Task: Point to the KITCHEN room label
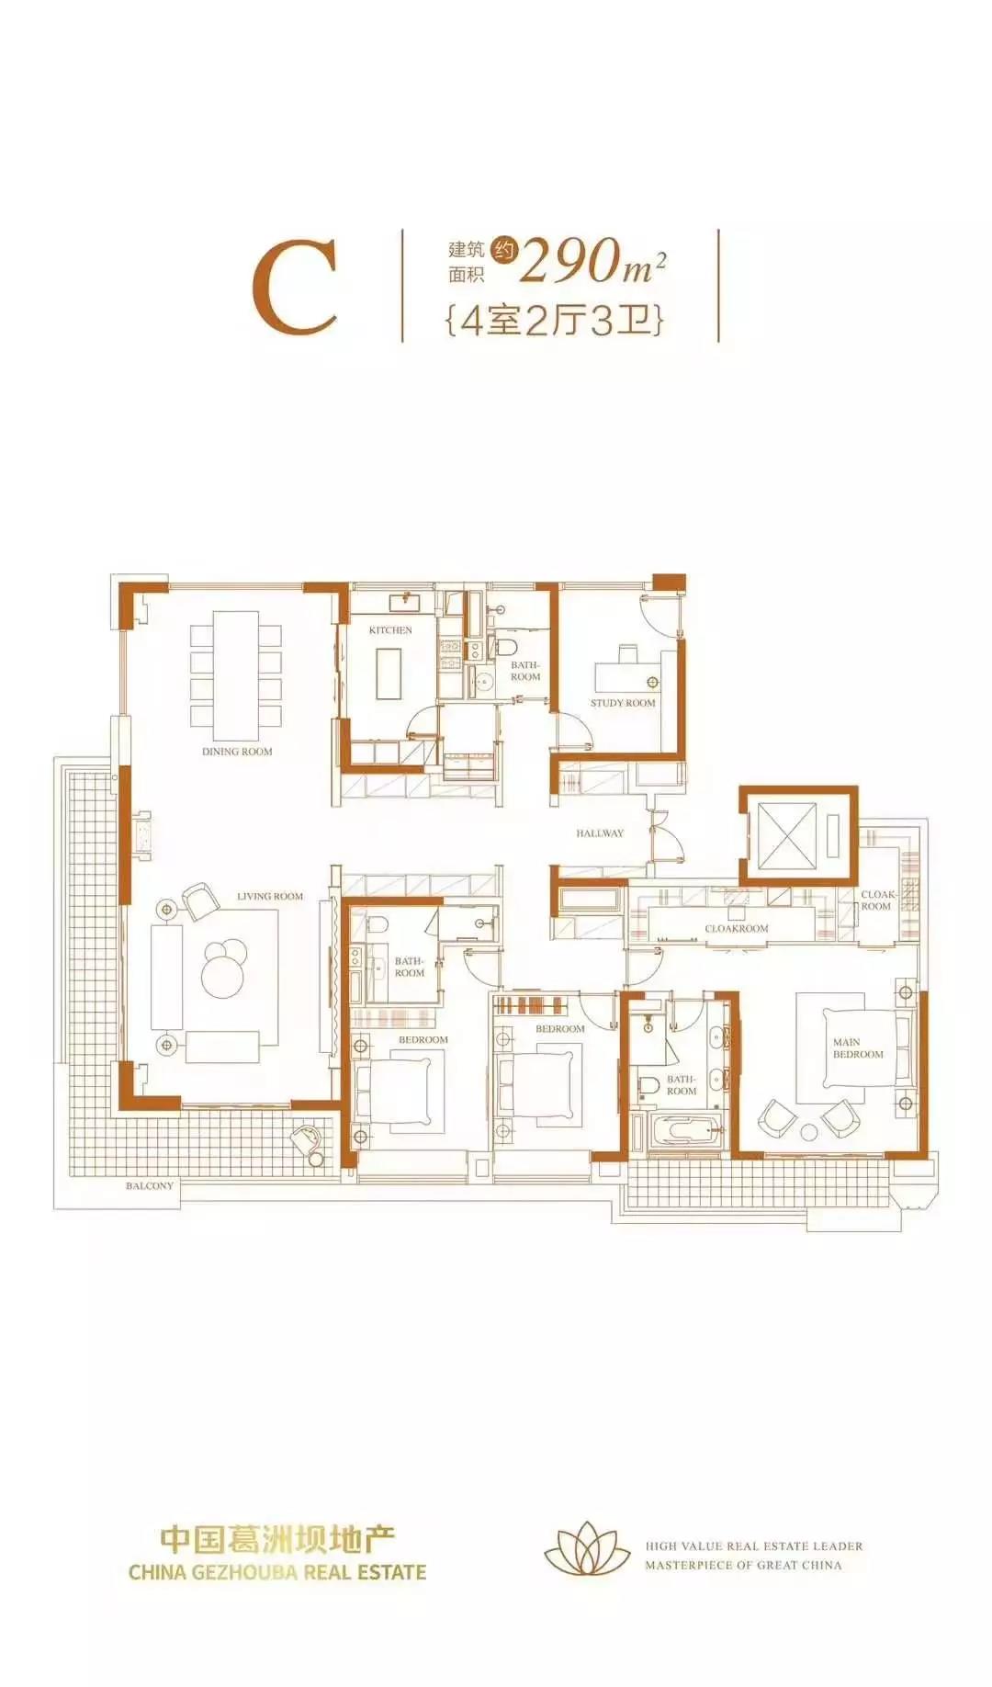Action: click(390, 630)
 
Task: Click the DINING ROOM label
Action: click(237, 752)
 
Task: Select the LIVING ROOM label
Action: click(270, 897)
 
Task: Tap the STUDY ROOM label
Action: click(623, 703)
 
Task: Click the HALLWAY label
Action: click(600, 833)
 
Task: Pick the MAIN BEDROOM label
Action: click(858, 1048)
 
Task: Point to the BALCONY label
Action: click(150, 1186)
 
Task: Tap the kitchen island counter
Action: click(390, 674)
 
